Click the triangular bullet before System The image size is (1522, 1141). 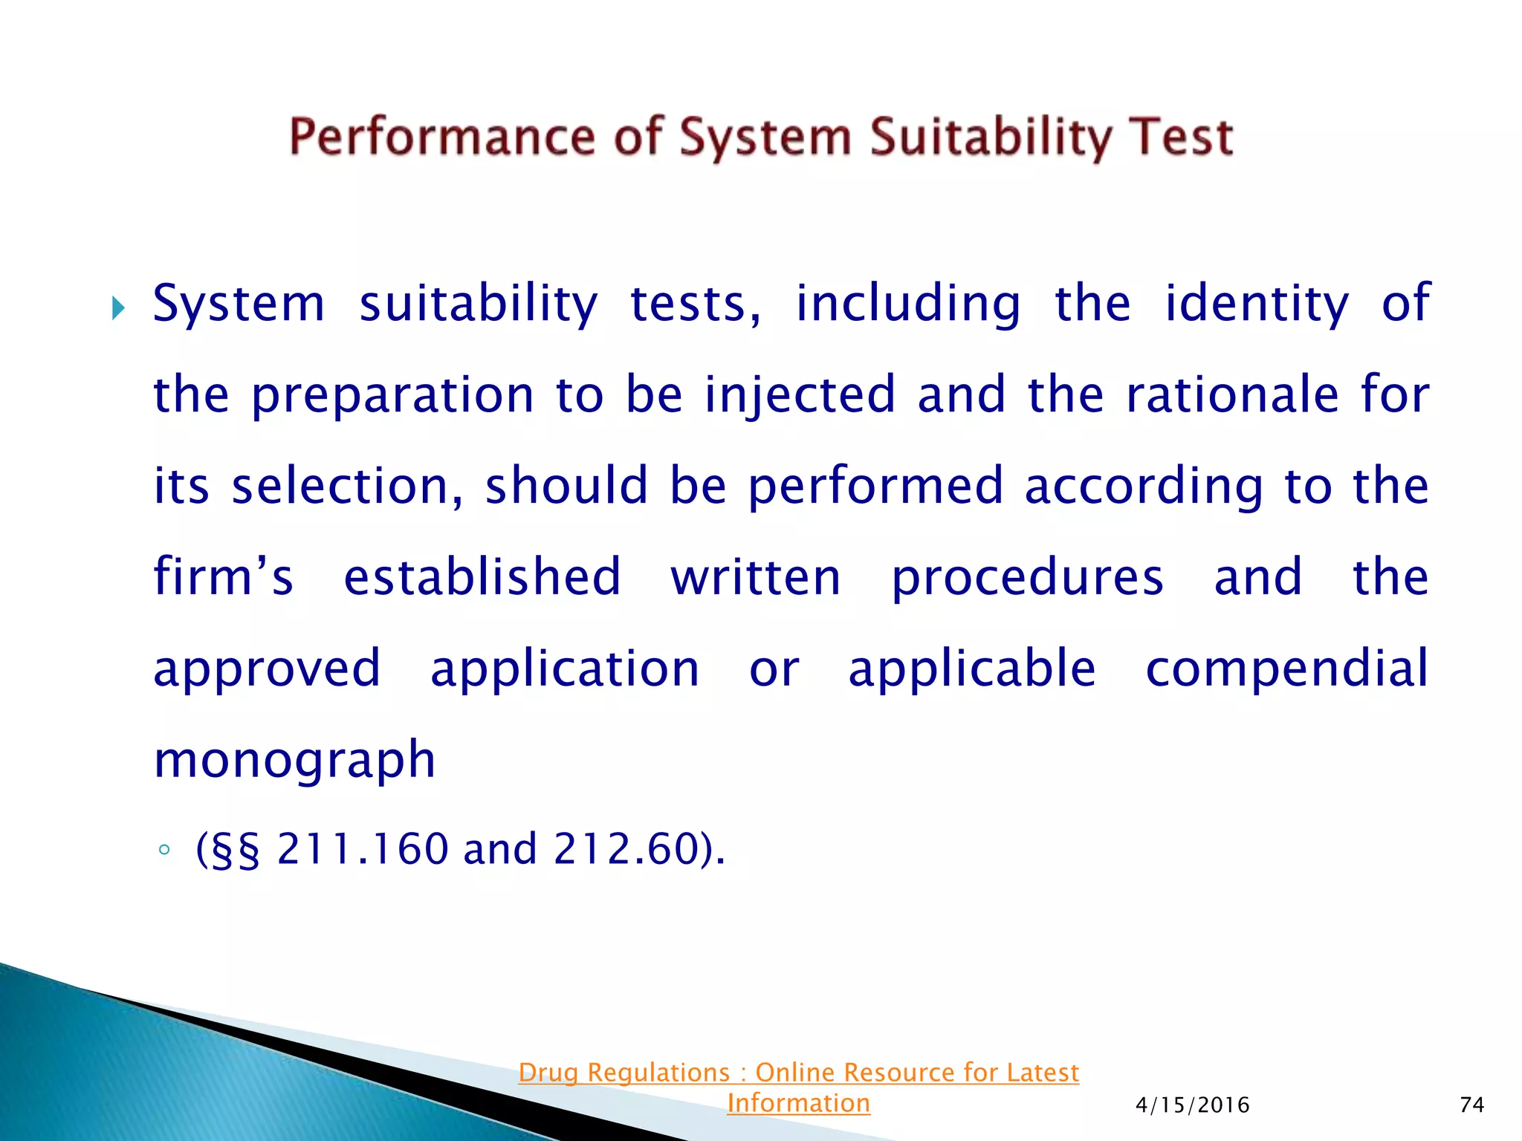pyautogui.click(x=118, y=307)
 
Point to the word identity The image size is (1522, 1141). pyautogui.click(x=1256, y=304)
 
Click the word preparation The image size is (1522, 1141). pyautogui.click(x=392, y=395)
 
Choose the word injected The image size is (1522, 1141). pyautogui.click(x=800, y=395)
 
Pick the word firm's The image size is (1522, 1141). pyautogui.click(x=223, y=577)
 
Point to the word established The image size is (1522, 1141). pyautogui.click(x=482, y=577)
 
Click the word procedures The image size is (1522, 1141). pyautogui.click(x=1027, y=577)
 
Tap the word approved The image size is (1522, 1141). pyautogui.click(x=267, y=669)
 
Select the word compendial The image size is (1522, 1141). pyautogui.click(x=1287, y=669)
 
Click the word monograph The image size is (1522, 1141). pyautogui.click(x=294, y=760)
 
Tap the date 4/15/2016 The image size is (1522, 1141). pyautogui.click(x=1192, y=1105)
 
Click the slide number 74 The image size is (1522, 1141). pyautogui.click(x=1471, y=1105)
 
